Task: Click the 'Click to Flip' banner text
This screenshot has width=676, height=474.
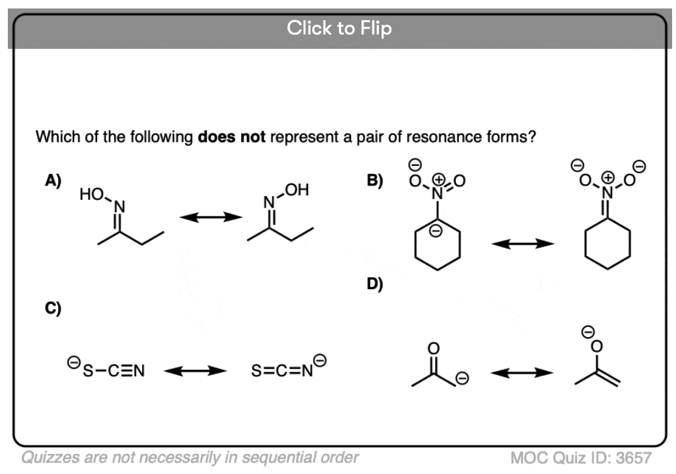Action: tap(339, 29)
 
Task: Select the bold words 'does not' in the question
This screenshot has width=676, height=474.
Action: tap(231, 139)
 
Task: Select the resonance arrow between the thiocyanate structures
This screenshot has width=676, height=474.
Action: tap(195, 372)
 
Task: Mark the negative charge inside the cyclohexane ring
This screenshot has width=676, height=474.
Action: tap(438, 230)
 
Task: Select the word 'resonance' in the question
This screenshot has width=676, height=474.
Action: tap(410, 139)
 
